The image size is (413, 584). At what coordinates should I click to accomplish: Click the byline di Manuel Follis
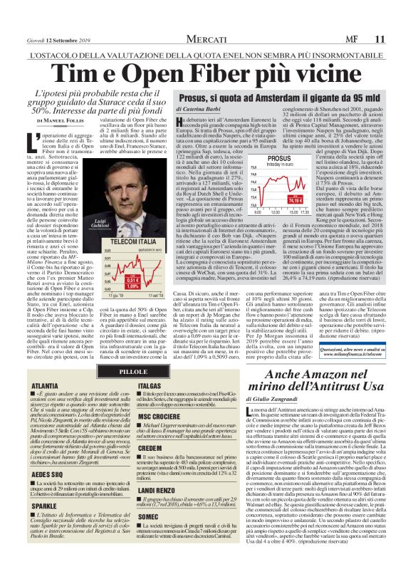click(x=68, y=121)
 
